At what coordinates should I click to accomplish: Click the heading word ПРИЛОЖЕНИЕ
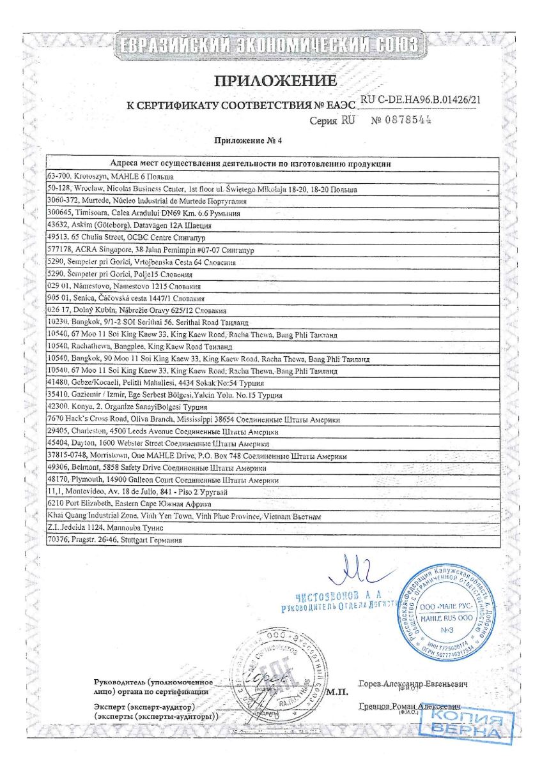click(275, 81)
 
